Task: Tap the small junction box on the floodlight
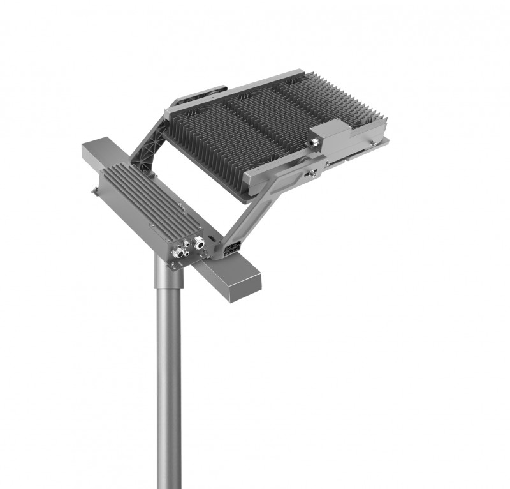(329, 137)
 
